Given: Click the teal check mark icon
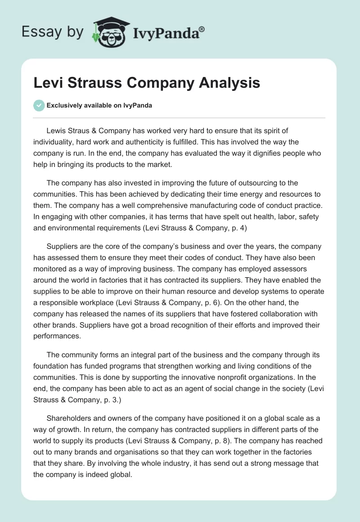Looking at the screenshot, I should (39, 105).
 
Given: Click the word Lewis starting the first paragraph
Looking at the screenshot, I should (56, 130).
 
